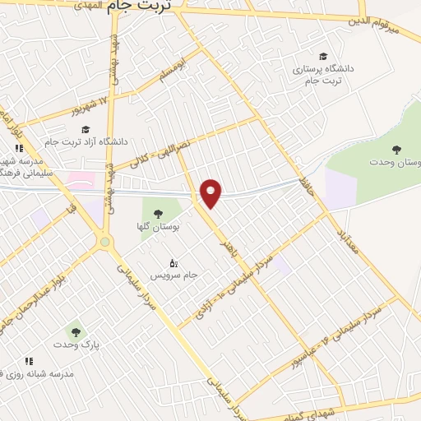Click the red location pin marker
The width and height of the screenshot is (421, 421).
(212, 192)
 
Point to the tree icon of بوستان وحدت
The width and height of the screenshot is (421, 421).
(397, 149)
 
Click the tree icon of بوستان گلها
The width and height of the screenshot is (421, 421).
(158, 214)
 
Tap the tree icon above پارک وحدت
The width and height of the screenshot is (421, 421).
(76, 332)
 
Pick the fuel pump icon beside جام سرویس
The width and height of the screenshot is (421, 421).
(173, 263)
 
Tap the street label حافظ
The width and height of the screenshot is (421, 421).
(306, 174)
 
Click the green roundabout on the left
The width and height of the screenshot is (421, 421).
(104, 242)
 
